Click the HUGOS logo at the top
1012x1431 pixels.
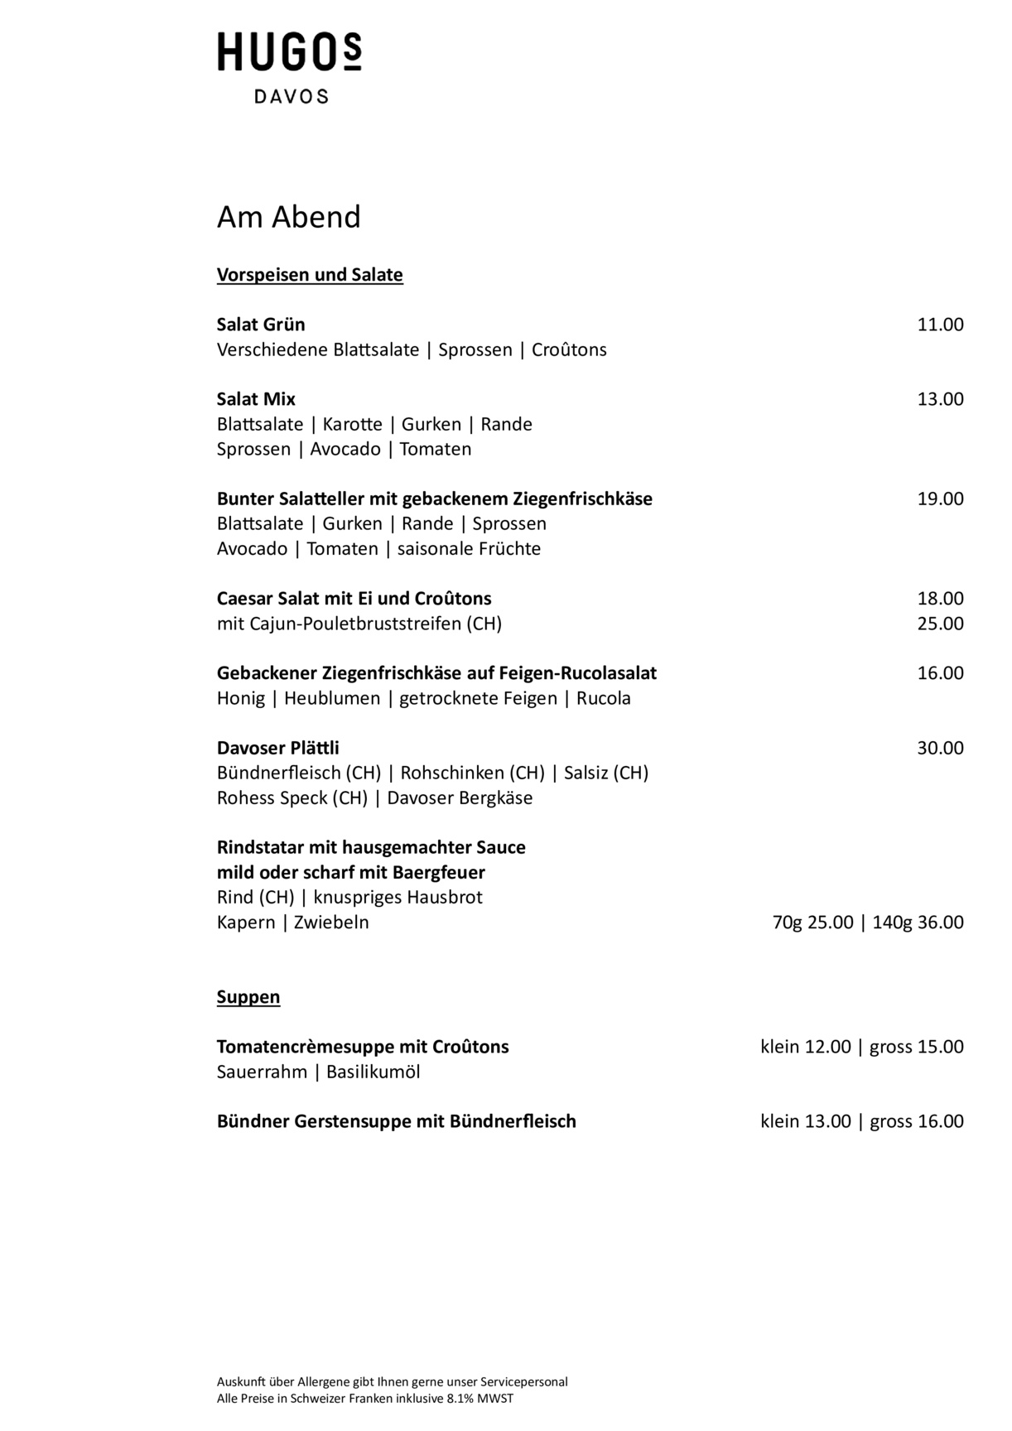(x=289, y=52)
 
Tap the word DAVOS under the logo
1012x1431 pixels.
(x=291, y=97)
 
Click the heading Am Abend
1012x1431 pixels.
(x=289, y=217)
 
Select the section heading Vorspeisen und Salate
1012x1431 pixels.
(x=310, y=275)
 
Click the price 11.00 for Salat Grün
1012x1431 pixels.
(x=940, y=325)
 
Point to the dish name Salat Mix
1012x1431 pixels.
(x=256, y=399)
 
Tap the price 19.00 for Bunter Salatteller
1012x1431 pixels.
(x=940, y=499)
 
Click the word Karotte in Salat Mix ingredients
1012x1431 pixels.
(x=352, y=425)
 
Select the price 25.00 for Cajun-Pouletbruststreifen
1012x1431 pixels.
(x=940, y=624)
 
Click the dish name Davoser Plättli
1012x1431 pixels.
(x=278, y=748)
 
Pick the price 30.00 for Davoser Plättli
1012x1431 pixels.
(x=940, y=748)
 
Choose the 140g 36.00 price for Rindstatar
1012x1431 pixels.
(x=918, y=923)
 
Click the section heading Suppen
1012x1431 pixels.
(x=248, y=997)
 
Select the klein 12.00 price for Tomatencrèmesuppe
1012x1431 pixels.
(x=805, y=1047)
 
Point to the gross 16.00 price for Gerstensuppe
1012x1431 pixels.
(x=917, y=1121)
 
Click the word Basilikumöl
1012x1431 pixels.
(x=373, y=1072)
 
